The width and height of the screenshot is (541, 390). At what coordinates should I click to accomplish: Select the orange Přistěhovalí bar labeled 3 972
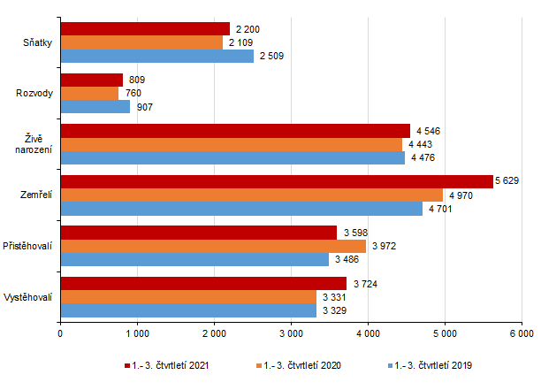[x=212, y=246]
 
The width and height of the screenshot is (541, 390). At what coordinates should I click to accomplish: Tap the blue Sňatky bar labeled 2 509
[x=156, y=57]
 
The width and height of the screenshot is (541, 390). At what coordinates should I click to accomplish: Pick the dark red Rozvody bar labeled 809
[x=91, y=80]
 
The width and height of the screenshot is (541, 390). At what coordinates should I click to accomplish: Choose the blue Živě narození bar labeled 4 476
[x=232, y=157]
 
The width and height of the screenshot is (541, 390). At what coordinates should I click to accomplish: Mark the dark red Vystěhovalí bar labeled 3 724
[x=203, y=283]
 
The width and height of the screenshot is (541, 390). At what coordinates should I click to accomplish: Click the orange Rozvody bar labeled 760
[x=89, y=93]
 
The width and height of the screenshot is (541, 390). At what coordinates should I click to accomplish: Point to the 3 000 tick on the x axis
[x=291, y=333]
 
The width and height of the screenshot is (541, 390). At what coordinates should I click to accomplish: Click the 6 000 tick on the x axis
[x=521, y=333]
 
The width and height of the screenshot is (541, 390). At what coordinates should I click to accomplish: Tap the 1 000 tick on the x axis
[x=137, y=333]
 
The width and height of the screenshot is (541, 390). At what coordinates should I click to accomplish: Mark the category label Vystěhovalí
[x=29, y=296]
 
